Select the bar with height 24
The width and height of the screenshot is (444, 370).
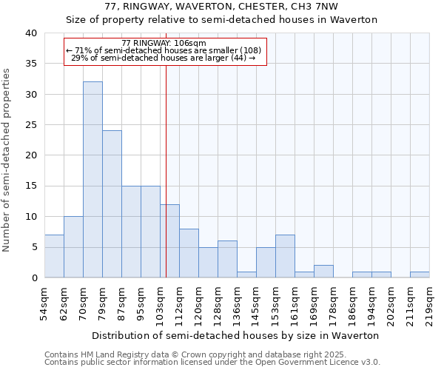tap(112, 204)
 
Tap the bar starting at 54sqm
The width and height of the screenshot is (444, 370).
tap(54, 256)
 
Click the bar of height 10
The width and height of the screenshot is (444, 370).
tap(73, 247)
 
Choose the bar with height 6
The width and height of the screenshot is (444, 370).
tap(227, 259)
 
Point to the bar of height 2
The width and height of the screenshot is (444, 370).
tap(323, 271)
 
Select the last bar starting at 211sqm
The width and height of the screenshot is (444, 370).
tap(420, 275)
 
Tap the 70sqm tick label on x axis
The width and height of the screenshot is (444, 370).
tap(84, 303)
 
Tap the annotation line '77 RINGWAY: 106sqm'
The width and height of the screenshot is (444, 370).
tap(164, 44)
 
